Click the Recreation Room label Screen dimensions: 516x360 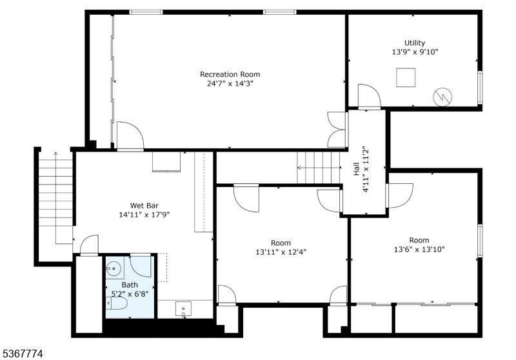point(230,74)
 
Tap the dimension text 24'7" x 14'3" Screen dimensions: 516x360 point(230,84)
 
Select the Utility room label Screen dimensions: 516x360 point(415,43)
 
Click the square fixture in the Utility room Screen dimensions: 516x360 point(406,77)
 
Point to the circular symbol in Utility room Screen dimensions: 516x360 point(442,97)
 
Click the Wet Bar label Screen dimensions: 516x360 point(144,206)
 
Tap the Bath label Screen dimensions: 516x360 point(130,285)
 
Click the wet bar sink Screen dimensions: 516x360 point(183,309)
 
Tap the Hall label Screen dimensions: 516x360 point(357,170)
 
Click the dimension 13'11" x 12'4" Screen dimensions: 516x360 point(281,252)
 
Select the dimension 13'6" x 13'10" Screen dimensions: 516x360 point(419,250)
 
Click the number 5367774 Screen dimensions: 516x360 point(23,354)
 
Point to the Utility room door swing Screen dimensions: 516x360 point(369,96)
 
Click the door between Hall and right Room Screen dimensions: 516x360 point(399,195)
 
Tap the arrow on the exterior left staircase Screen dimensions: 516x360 point(55,198)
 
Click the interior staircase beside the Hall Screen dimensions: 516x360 point(319,168)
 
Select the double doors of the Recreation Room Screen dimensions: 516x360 point(336,130)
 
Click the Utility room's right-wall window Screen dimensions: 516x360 point(480,87)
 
